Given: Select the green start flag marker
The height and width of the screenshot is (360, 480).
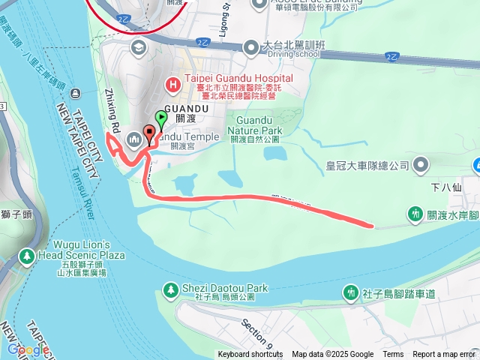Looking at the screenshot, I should coord(160,118).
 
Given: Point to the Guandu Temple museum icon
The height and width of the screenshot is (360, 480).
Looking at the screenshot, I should coord(134,137).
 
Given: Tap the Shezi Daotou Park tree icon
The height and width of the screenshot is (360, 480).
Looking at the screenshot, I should coord(171,289).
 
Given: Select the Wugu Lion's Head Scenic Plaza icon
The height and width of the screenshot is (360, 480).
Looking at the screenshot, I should coord(27,256).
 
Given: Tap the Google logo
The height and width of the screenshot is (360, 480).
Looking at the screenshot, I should coord(28,349).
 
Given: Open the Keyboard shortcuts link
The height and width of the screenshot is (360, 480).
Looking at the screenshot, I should coord(250,355).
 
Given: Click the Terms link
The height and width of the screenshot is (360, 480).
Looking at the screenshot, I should coord(393,355).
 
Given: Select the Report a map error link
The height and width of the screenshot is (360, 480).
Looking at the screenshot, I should coord(443,355).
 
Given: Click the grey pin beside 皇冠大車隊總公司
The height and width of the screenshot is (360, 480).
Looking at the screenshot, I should coord(421,164).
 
